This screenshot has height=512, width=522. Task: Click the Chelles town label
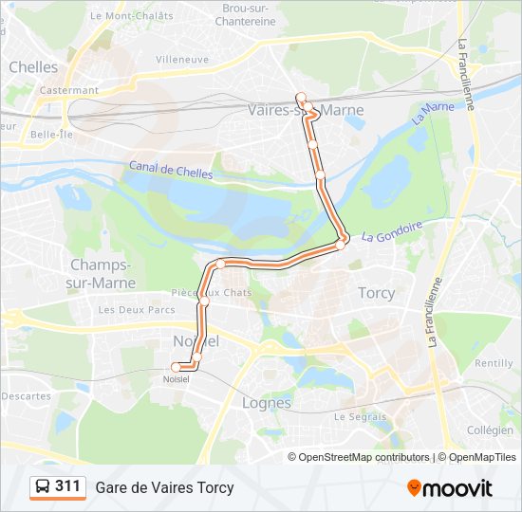click(x=33, y=67)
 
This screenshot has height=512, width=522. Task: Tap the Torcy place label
click(x=376, y=293)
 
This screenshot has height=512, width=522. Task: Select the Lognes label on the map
click(x=267, y=403)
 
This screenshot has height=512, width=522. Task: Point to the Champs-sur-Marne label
click(x=103, y=273)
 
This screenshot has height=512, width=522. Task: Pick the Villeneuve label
click(x=182, y=59)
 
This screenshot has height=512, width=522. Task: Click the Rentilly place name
click(x=494, y=363)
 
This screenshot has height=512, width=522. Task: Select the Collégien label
click(x=491, y=430)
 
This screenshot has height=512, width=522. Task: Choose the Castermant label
click(x=69, y=90)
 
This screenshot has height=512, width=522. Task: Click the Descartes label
click(x=26, y=395)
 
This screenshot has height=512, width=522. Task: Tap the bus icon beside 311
click(x=44, y=487)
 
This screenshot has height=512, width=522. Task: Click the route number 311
click(x=67, y=486)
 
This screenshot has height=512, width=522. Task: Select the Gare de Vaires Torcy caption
click(x=164, y=487)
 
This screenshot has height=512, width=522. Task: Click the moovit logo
click(x=450, y=488)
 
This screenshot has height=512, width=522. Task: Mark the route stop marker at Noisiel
click(x=176, y=367)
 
